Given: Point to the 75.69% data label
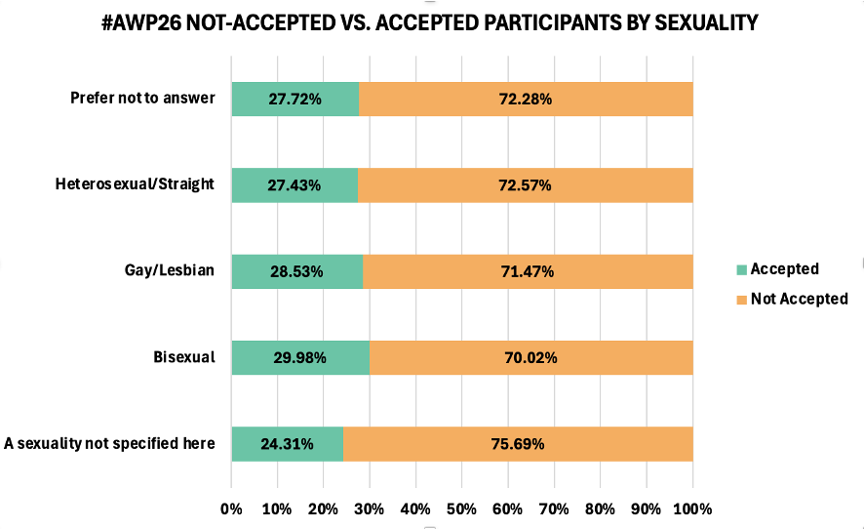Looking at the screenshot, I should pos(517,444).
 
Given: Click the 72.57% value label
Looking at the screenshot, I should pos(524,184).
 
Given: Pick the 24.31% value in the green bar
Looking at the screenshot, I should pos(287,444).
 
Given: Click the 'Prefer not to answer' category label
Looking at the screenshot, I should pos(142,98).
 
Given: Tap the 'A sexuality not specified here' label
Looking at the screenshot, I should pos(109,443).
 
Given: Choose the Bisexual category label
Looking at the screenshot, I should pos(183,356).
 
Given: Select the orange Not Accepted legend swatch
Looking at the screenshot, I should pos(740,300).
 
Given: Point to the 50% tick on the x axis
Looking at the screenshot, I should pos(462,509).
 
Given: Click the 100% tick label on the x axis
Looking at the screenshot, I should pos(692,509).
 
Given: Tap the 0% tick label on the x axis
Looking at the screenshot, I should pos(231,509).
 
